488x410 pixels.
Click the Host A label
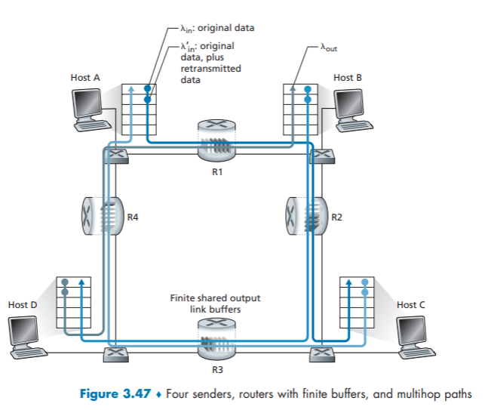click(85, 78)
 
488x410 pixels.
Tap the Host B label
click(347, 78)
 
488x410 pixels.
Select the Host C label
click(410, 304)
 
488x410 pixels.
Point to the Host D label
click(23, 304)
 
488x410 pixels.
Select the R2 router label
click(336, 217)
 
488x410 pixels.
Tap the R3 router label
click(217, 371)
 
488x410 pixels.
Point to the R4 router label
click(133, 217)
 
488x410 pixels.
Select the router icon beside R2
click(305, 217)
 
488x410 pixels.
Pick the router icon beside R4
click(99, 217)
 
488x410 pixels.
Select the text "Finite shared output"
click(216, 300)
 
